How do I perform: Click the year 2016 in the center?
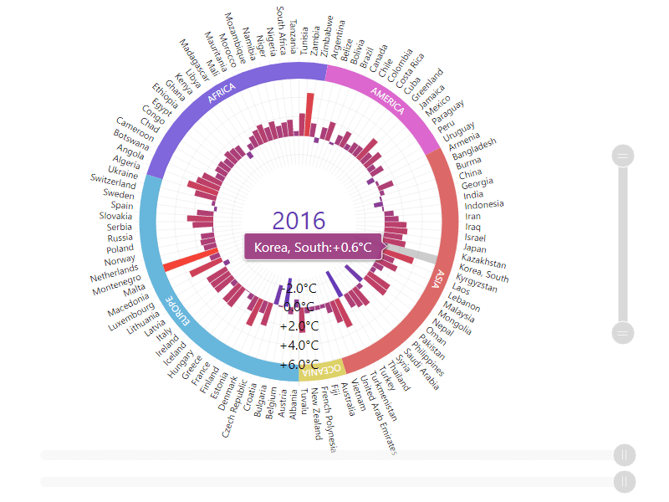[299, 221]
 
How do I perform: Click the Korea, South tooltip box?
[313, 248]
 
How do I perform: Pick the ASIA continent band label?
[434, 279]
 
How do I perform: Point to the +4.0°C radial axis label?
[299, 346]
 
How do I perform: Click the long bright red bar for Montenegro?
[191, 259]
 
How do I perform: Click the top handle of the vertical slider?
[624, 155]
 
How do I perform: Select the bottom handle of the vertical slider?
[624, 333]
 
